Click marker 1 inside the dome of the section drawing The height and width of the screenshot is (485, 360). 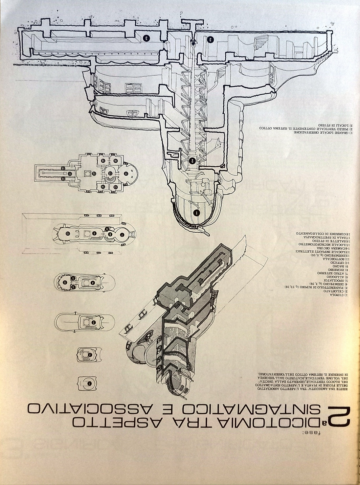coord(196,213)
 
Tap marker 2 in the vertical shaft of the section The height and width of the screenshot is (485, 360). coord(192,161)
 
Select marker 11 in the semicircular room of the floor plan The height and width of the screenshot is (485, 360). coord(125,173)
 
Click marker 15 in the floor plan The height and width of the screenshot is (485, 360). coord(94,173)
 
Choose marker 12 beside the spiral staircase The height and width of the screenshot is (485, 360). coord(110,173)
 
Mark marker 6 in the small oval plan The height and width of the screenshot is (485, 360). coord(65,282)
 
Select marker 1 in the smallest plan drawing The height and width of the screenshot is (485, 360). coord(89,383)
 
